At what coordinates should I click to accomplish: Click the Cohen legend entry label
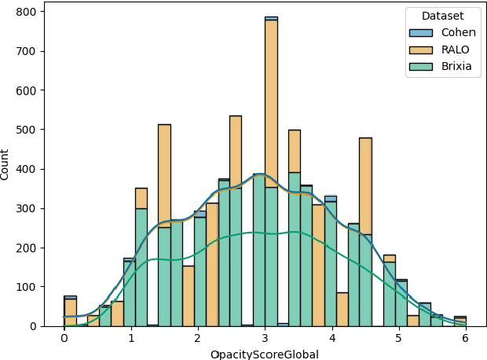pos(458,32)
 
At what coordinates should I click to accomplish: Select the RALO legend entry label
pos(456,50)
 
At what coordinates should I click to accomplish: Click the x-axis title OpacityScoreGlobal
pos(264,354)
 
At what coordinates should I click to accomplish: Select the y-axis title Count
pos(6,163)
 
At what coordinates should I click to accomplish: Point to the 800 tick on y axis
pos(27,12)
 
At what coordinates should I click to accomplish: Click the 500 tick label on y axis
pos(27,130)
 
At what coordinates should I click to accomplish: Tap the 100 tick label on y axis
pos(27,287)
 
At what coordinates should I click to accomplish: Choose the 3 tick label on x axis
pos(265,338)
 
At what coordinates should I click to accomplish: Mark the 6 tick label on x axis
pos(466,338)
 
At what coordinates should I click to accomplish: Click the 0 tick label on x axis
pos(64,338)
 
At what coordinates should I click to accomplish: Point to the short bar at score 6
pos(460,321)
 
